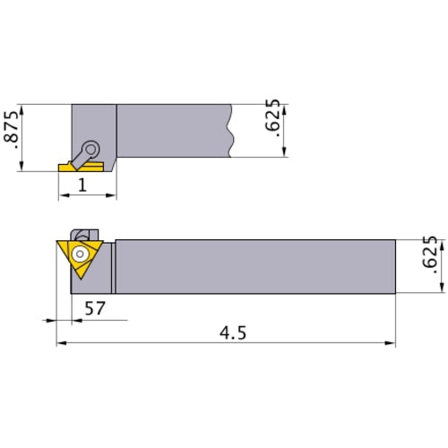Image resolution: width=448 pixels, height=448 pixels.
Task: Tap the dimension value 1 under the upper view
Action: [x=82, y=185]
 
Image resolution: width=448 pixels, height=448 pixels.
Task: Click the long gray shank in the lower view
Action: [x=255, y=266]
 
